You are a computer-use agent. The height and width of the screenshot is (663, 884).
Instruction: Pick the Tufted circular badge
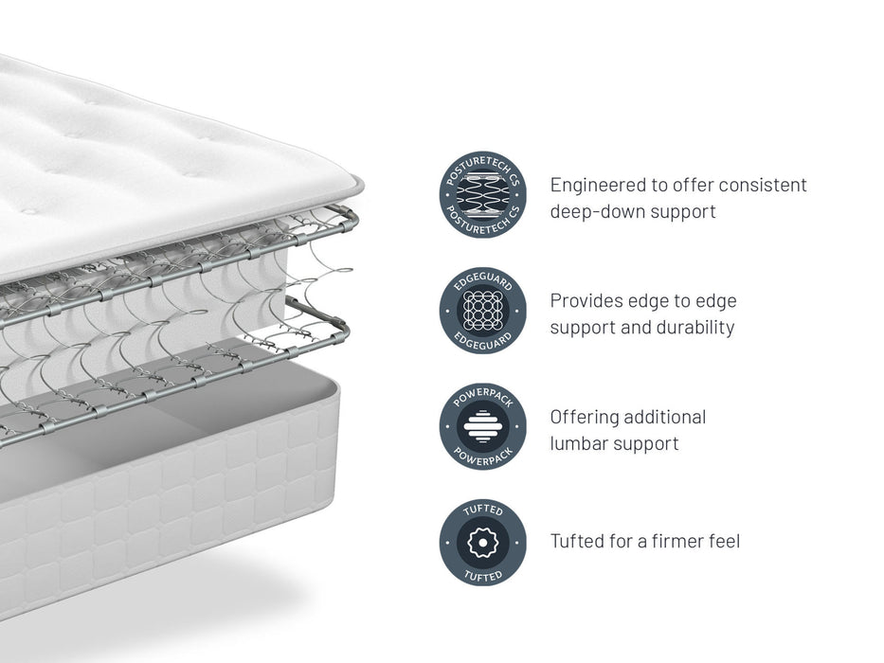482,543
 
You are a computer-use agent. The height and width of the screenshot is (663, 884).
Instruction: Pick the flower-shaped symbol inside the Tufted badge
482,543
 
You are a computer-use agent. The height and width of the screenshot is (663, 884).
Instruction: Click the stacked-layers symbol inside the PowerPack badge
482,426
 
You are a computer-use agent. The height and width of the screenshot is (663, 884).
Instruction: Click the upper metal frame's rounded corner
352,216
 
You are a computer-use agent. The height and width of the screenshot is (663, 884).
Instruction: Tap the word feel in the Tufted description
722,542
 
